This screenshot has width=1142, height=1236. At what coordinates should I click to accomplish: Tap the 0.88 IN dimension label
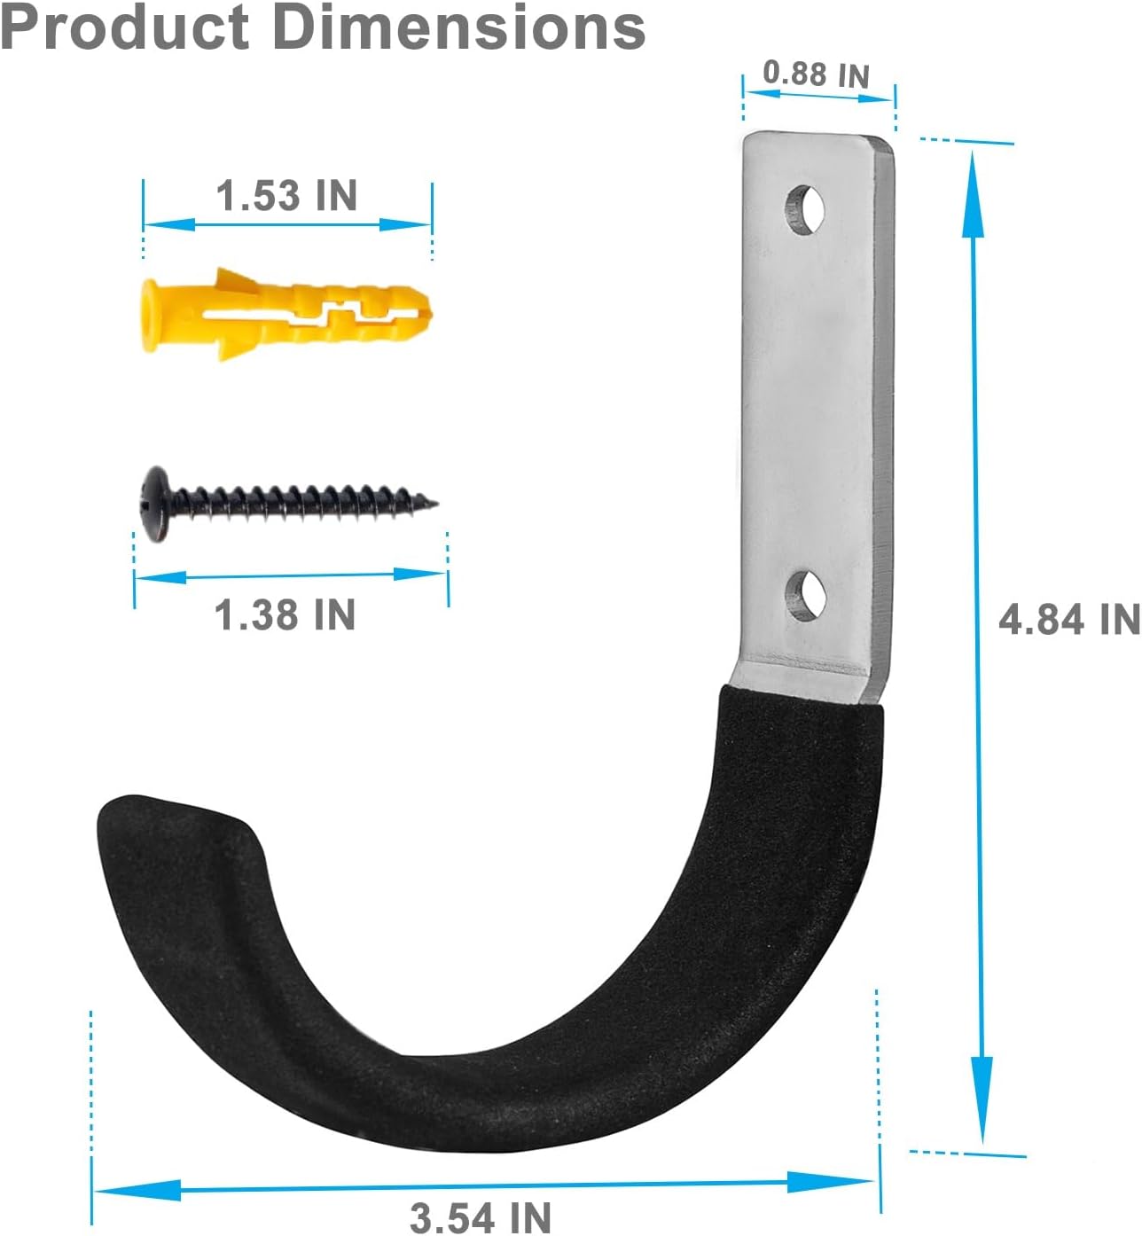tap(816, 74)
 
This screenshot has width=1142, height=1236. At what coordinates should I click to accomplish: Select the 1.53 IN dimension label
tap(286, 196)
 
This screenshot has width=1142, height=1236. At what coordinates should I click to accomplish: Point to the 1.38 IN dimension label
tap(285, 614)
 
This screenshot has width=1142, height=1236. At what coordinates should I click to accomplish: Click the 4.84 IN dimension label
tap(1068, 619)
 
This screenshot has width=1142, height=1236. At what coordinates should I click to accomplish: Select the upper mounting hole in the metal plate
tap(805, 209)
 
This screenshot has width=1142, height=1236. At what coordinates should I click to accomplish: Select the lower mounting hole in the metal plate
tap(805, 594)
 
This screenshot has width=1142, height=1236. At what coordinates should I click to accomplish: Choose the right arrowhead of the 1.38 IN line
tap(420, 575)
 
